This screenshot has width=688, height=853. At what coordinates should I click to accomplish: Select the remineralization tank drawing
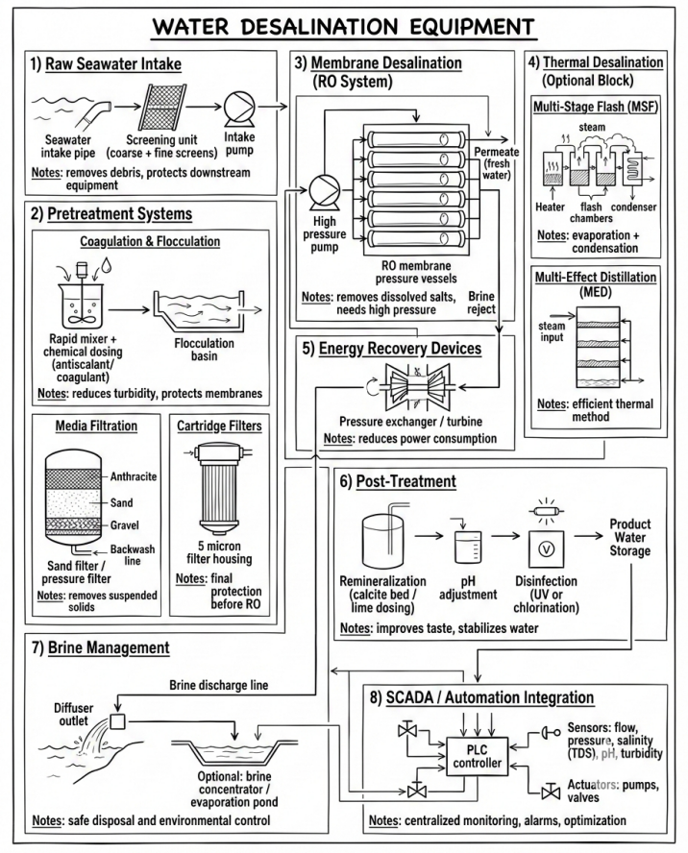pos(388,541)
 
